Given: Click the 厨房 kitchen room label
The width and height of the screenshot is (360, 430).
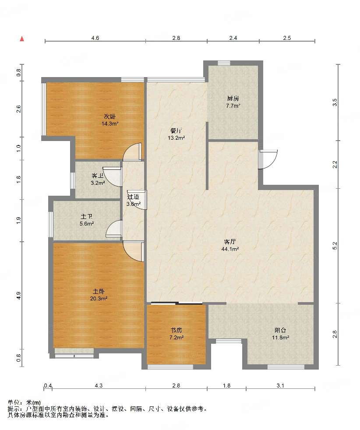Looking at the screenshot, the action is click(x=233, y=98).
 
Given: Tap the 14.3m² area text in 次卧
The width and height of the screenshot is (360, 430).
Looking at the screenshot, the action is click(x=110, y=123).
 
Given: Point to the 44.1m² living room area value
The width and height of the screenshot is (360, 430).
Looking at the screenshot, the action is click(x=230, y=249).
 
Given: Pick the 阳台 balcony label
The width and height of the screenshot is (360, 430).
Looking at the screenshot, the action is click(x=280, y=330).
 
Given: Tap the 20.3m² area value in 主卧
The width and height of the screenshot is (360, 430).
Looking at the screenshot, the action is click(x=99, y=299).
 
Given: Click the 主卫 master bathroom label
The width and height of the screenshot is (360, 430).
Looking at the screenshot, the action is click(x=87, y=217).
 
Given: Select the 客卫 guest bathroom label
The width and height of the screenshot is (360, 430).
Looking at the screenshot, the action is click(x=98, y=176).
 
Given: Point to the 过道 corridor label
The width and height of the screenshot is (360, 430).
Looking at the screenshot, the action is click(x=133, y=197).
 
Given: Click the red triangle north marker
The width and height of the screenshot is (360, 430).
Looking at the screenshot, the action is click(x=22, y=39).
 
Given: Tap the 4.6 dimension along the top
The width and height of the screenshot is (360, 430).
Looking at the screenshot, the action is click(x=95, y=38).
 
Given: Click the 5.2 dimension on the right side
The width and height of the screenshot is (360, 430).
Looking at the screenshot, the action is click(x=335, y=246).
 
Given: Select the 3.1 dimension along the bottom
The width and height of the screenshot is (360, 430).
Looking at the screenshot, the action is click(x=280, y=386).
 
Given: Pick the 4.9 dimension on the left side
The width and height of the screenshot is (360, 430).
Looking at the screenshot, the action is click(x=18, y=296).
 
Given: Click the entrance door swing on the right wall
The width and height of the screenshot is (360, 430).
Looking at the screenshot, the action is click(x=268, y=159).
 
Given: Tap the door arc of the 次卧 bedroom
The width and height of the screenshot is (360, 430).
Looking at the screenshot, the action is click(x=132, y=152).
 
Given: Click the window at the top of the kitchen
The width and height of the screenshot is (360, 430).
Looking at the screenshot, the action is click(x=224, y=63).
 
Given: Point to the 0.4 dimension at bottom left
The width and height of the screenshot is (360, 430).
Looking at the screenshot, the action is click(x=48, y=386).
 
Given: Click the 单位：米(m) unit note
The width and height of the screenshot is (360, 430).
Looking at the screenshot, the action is click(x=24, y=402).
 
